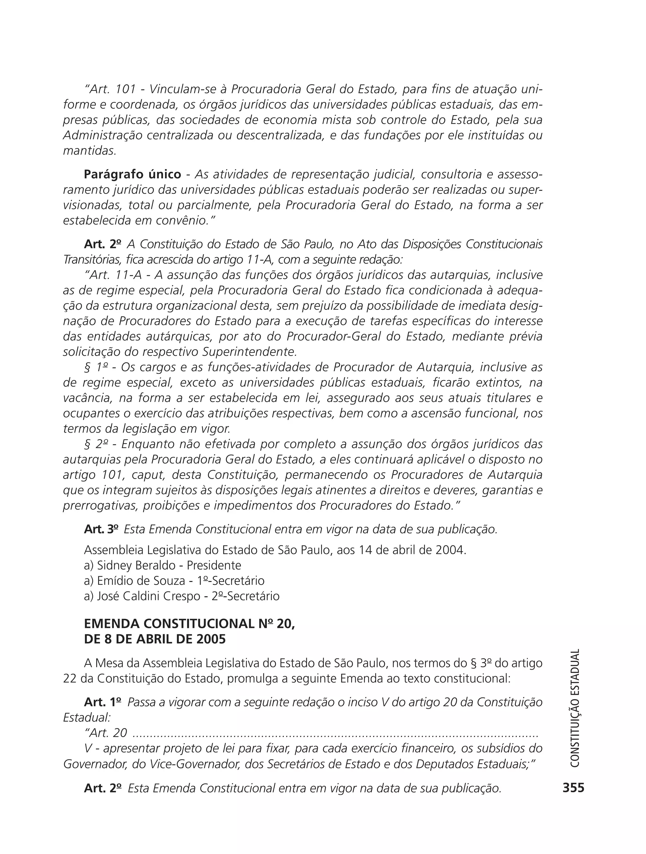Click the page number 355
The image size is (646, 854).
point(573,787)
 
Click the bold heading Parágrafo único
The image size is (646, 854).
point(132,175)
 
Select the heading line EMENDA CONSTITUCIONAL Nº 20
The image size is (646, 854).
point(189,624)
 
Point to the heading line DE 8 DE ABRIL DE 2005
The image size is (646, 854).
point(155,639)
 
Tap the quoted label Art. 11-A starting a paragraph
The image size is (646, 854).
point(116,275)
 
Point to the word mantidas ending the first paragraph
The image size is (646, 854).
point(90,151)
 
